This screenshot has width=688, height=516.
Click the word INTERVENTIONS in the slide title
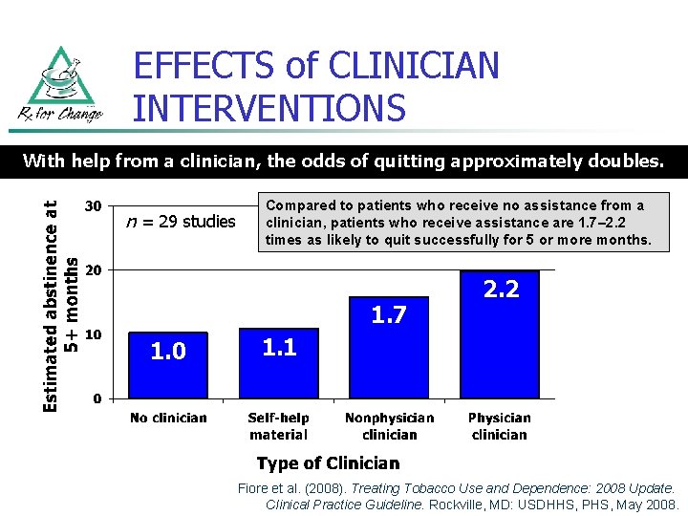[269, 108]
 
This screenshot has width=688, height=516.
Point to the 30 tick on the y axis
[95, 206]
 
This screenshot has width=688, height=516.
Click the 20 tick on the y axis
[95, 270]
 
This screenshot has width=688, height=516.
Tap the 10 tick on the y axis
[95, 334]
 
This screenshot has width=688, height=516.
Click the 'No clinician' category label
[168, 418]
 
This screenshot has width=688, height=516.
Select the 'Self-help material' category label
[278, 426]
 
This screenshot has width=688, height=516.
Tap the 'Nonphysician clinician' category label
[389, 426]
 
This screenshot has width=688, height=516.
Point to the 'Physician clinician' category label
[499, 426]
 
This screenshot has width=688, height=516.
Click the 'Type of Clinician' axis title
[328, 463]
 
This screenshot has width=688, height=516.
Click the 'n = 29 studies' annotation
[181, 222]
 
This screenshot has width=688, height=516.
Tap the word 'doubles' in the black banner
[627, 161]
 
